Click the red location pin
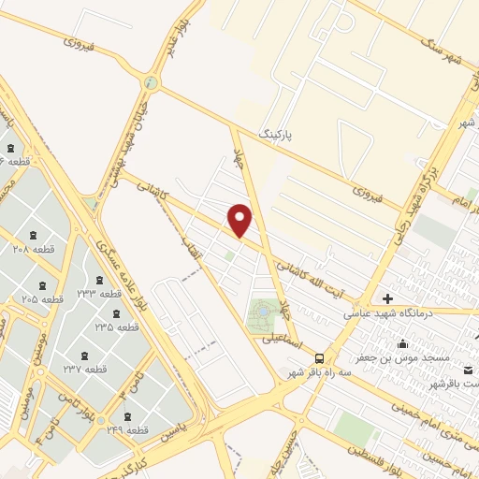[240, 220]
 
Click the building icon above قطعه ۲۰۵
[43, 285]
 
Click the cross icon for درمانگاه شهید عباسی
[388, 299]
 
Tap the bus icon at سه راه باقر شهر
[320, 357]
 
